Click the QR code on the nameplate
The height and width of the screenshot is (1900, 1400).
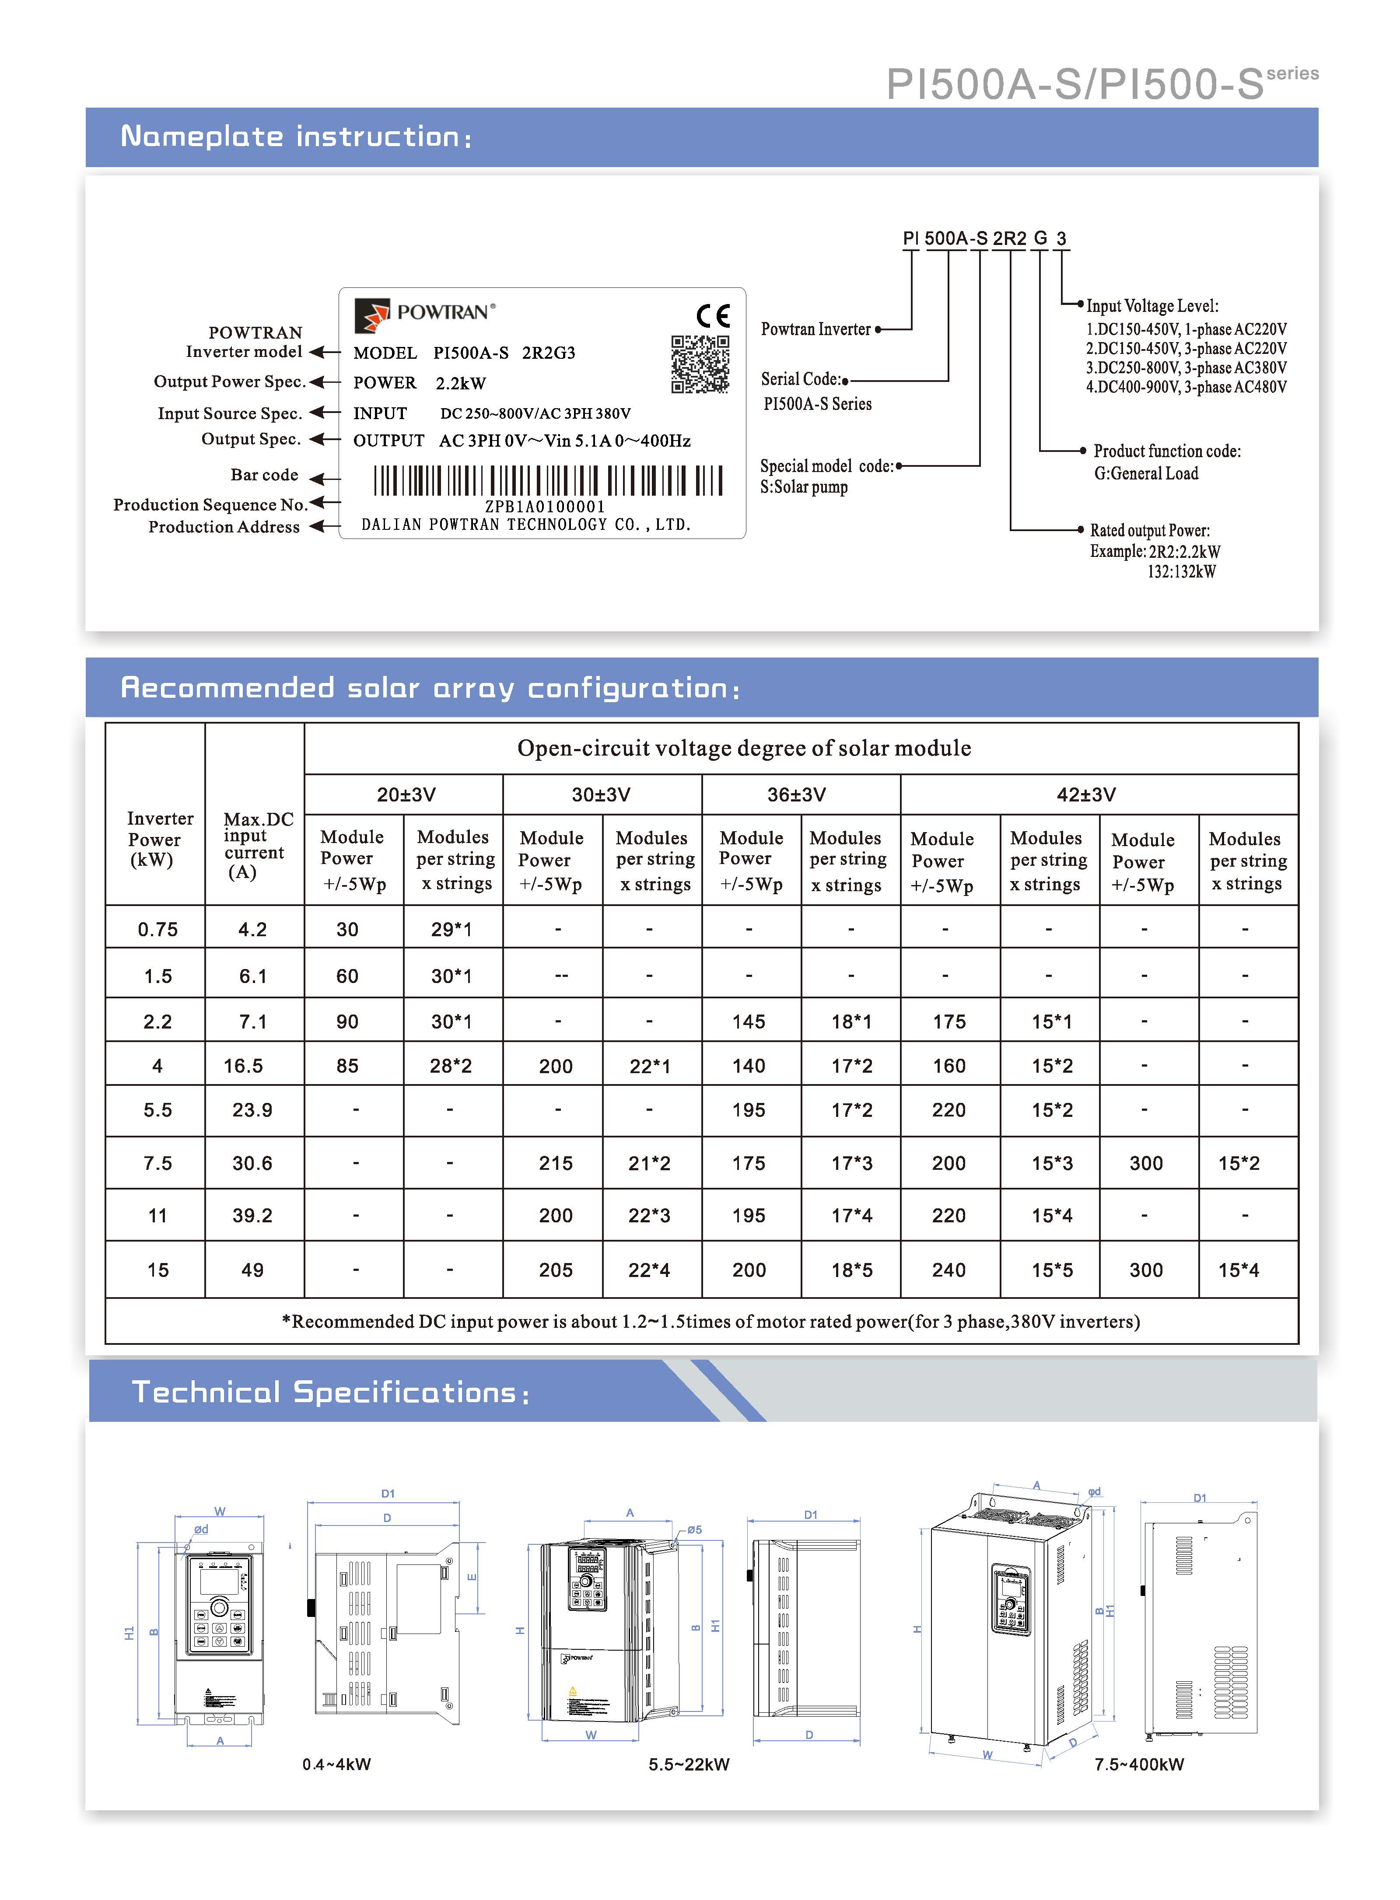[x=700, y=364]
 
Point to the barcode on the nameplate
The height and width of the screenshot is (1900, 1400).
[x=548, y=480]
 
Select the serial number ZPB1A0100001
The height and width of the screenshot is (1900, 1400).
[x=545, y=507]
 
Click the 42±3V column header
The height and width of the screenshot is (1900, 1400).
[x=1085, y=795]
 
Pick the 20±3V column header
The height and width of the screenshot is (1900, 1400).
[x=406, y=795]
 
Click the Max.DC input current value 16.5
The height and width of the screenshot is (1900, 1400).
[x=243, y=1066]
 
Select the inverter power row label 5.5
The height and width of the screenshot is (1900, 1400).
[x=157, y=1110]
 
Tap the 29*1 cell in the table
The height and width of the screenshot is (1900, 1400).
[x=451, y=930]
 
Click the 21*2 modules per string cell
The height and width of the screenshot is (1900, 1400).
[x=649, y=1164]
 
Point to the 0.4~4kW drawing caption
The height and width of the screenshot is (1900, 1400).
[x=336, y=1764]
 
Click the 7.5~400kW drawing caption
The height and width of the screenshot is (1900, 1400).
[x=1139, y=1764]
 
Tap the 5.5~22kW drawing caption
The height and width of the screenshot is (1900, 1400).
[x=689, y=1764]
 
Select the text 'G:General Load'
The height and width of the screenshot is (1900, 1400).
[x=1146, y=474]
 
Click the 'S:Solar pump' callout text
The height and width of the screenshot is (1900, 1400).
[x=803, y=487]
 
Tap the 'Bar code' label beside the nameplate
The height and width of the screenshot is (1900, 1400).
[x=264, y=476]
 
